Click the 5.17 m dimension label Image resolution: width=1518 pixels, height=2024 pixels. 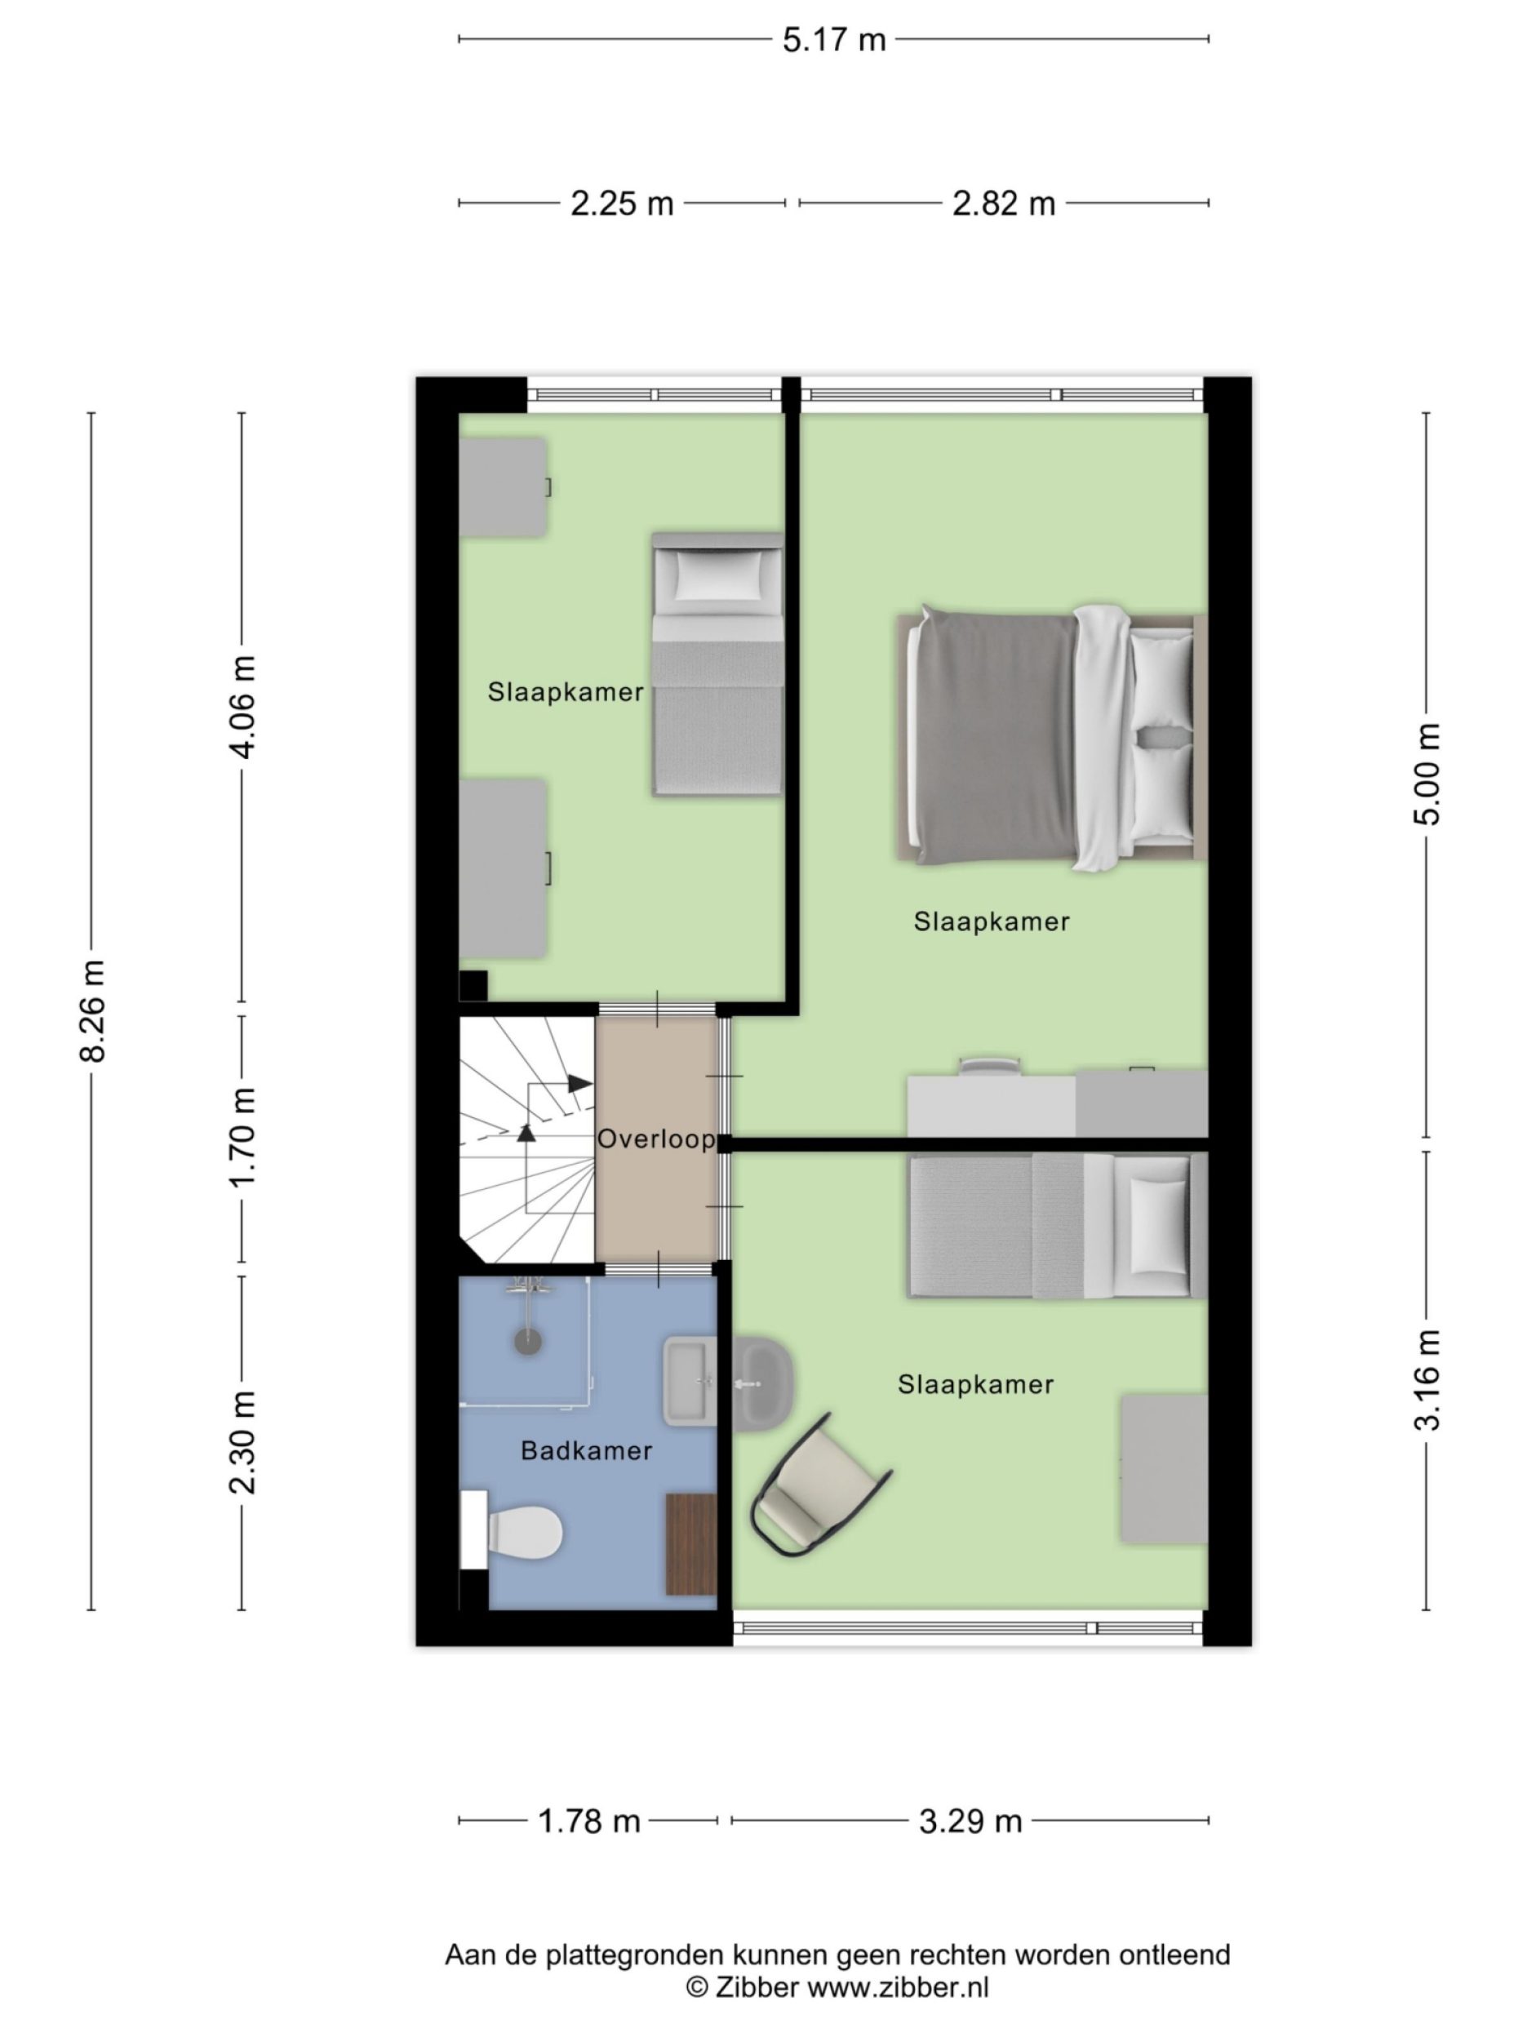[x=832, y=40]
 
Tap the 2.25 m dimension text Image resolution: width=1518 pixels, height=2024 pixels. [x=621, y=203]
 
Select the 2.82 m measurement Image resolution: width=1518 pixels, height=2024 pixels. [x=1003, y=203]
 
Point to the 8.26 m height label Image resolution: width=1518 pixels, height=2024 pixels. [x=93, y=1010]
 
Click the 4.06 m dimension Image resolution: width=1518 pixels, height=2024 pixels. [x=242, y=707]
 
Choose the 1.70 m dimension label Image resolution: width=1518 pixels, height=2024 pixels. [x=242, y=1138]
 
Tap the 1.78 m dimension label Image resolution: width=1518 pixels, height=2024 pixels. [x=588, y=1821]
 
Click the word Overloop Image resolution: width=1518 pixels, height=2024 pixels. [x=655, y=1139]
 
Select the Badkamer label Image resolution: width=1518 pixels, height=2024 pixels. [x=586, y=1450]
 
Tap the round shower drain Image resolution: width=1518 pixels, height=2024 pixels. [x=528, y=1342]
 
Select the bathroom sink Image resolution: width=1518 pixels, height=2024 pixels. [x=689, y=1381]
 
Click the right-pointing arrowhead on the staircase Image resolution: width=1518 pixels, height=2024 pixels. [x=580, y=1083]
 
